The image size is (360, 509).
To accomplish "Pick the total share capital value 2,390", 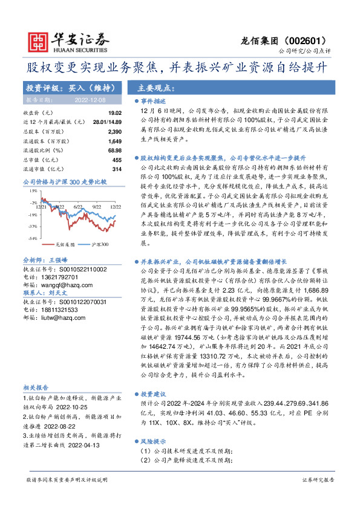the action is click(x=114, y=131).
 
